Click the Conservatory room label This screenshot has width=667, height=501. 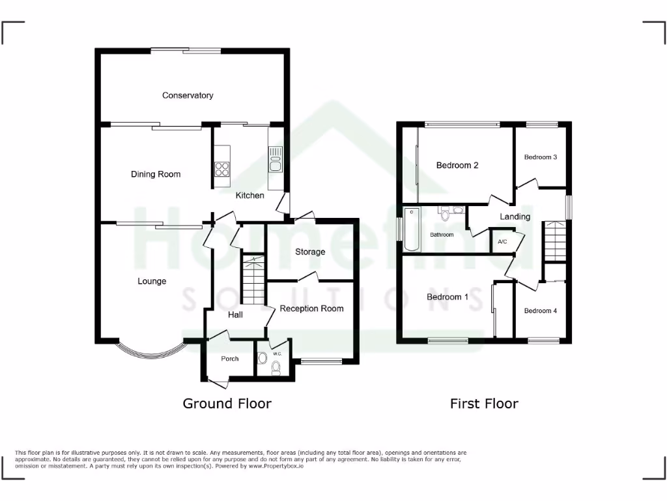[x=188, y=95]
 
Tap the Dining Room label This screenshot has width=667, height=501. [x=156, y=174]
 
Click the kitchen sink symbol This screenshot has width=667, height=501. [x=275, y=159]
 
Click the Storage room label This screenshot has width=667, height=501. [x=310, y=252]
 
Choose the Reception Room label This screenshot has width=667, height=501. [x=311, y=308]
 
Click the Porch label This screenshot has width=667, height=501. [x=230, y=359]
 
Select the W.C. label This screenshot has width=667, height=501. [x=277, y=354]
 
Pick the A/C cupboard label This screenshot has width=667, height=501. [x=502, y=241]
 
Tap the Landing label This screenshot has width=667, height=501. [x=515, y=217]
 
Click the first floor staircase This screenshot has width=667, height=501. [x=555, y=241]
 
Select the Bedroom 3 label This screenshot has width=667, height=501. [x=541, y=157]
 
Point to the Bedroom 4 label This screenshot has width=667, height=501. [x=541, y=311]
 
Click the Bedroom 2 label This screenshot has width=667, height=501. [x=457, y=165]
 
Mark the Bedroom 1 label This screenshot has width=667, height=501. [x=447, y=297]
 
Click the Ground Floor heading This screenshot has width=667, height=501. [x=227, y=403]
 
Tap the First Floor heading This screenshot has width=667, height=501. [x=484, y=403]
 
